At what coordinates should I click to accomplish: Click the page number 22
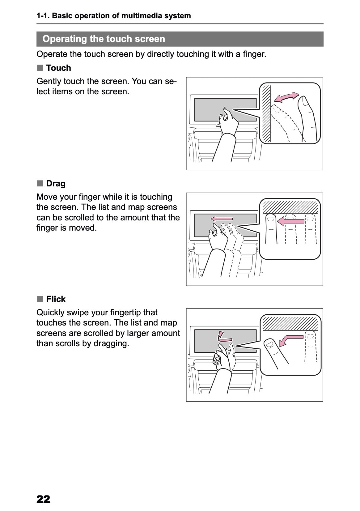tap(43, 499)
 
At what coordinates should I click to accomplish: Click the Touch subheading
tap(59, 68)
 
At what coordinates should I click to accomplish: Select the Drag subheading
tap(56, 184)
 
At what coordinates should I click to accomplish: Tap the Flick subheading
tap(56, 299)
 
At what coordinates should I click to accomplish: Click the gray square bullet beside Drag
tap(40, 183)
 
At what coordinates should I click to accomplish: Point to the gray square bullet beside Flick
tap(40, 299)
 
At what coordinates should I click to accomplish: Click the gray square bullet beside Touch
tap(40, 68)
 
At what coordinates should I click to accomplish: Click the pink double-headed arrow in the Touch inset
tap(286, 97)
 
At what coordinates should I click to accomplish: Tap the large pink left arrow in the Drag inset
tap(290, 221)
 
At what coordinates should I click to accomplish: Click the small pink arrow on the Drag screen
tap(222, 219)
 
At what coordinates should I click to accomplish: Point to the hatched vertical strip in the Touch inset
tap(266, 113)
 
